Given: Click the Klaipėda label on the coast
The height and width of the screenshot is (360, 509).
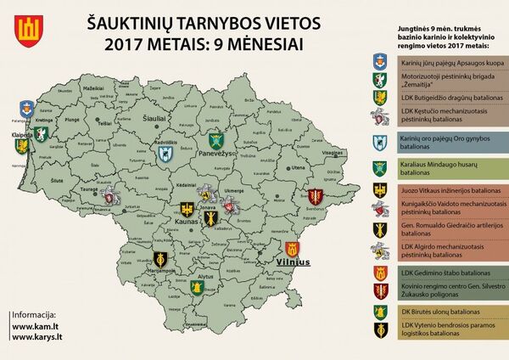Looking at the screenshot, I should pyautogui.click(x=22, y=134).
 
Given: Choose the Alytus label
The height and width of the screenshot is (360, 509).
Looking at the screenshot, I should pyautogui.click(x=204, y=278).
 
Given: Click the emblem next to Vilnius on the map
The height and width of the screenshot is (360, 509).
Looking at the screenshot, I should pyautogui.click(x=294, y=248).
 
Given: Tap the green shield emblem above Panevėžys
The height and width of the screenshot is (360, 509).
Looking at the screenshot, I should pyautogui.click(x=217, y=140).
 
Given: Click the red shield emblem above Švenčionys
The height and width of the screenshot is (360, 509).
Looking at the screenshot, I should pyautogui.click(x=316, y=196).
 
